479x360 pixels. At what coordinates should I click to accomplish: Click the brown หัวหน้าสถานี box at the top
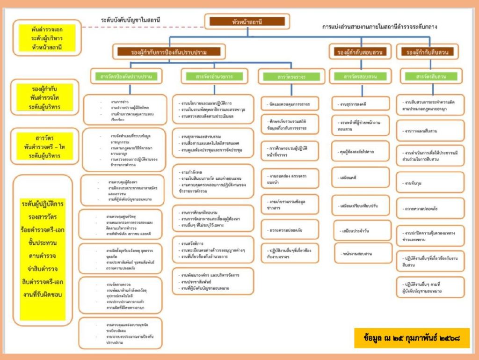point(247,22)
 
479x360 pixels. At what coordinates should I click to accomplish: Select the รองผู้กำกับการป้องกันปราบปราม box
point(169,52)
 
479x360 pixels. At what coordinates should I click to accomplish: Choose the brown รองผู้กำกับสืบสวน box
point(427,52)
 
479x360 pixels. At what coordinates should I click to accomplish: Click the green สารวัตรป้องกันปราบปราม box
point(126,76)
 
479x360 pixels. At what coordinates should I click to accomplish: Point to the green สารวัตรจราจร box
point(291,76)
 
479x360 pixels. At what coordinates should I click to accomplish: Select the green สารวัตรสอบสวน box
point(360,76)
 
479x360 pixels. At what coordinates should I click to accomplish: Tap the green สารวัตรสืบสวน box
point(430,76)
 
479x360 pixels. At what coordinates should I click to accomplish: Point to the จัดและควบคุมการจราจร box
point(290,103)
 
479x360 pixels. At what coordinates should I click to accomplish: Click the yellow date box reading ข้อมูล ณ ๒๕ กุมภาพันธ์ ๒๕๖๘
point(412,338)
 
